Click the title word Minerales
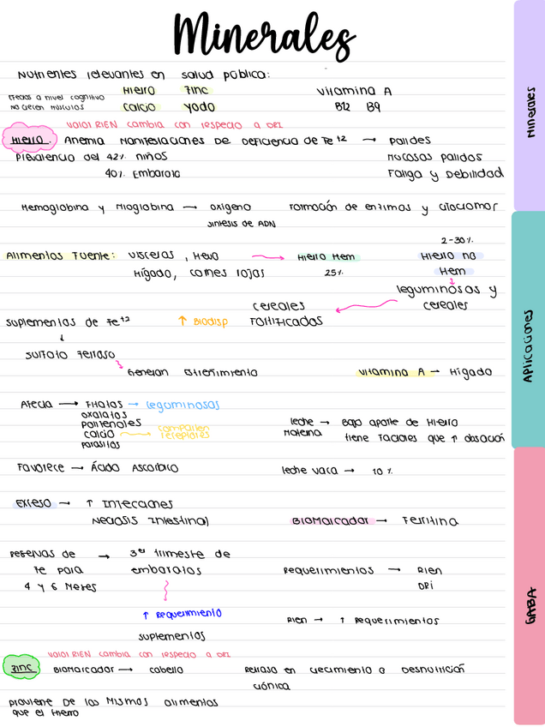[x=263, y=35]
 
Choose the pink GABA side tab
[x=529, y=605]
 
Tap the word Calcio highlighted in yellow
[x=139, y=107]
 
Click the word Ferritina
[x=429, y=520]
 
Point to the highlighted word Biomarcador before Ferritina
[x=329, y=520]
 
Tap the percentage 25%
[x=334, y=273]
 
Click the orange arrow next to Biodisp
[x=182, y=321]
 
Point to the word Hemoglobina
[x=51, y=207]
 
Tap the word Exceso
[x=33, y=503]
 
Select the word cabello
[x=165, y=670]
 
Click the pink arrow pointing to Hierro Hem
[x=268, y=255]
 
